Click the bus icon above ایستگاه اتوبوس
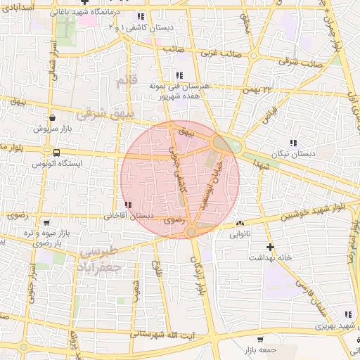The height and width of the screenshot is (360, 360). click(56, 153)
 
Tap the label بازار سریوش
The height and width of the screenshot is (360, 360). click(51, 129)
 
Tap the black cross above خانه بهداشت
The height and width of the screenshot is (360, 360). click(270, 247)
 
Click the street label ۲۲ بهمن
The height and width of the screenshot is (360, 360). click(257, 89)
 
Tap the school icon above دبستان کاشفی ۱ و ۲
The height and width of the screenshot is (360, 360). click(141, 16)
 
